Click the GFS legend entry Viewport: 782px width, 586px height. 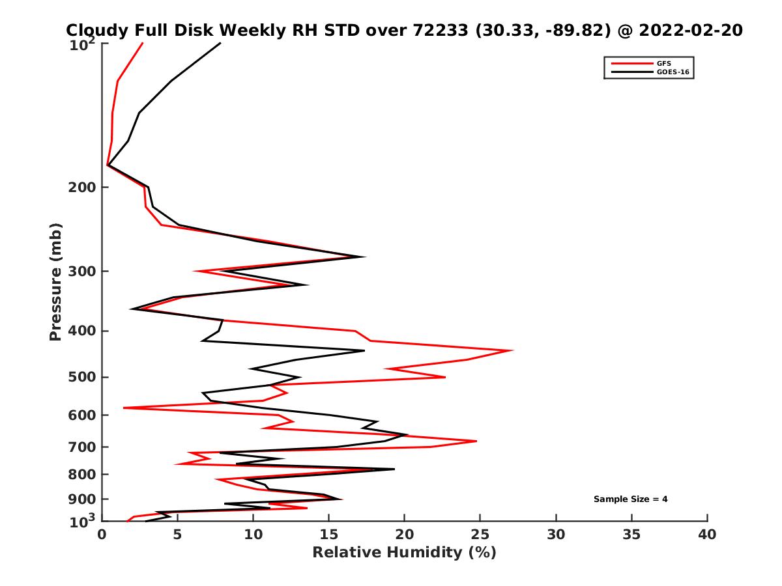point(664,63)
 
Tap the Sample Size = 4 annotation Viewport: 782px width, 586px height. point(630,499)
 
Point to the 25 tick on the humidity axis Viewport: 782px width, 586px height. point(480,535)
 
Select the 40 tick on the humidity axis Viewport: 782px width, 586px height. point(707,535)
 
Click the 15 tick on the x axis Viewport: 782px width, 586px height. point(328,535)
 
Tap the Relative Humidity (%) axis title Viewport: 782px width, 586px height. point(404,553)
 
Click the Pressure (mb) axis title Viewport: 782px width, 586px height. point(55,281)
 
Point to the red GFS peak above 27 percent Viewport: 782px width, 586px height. point(513,350)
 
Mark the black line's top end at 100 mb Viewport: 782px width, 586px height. point(220,43)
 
